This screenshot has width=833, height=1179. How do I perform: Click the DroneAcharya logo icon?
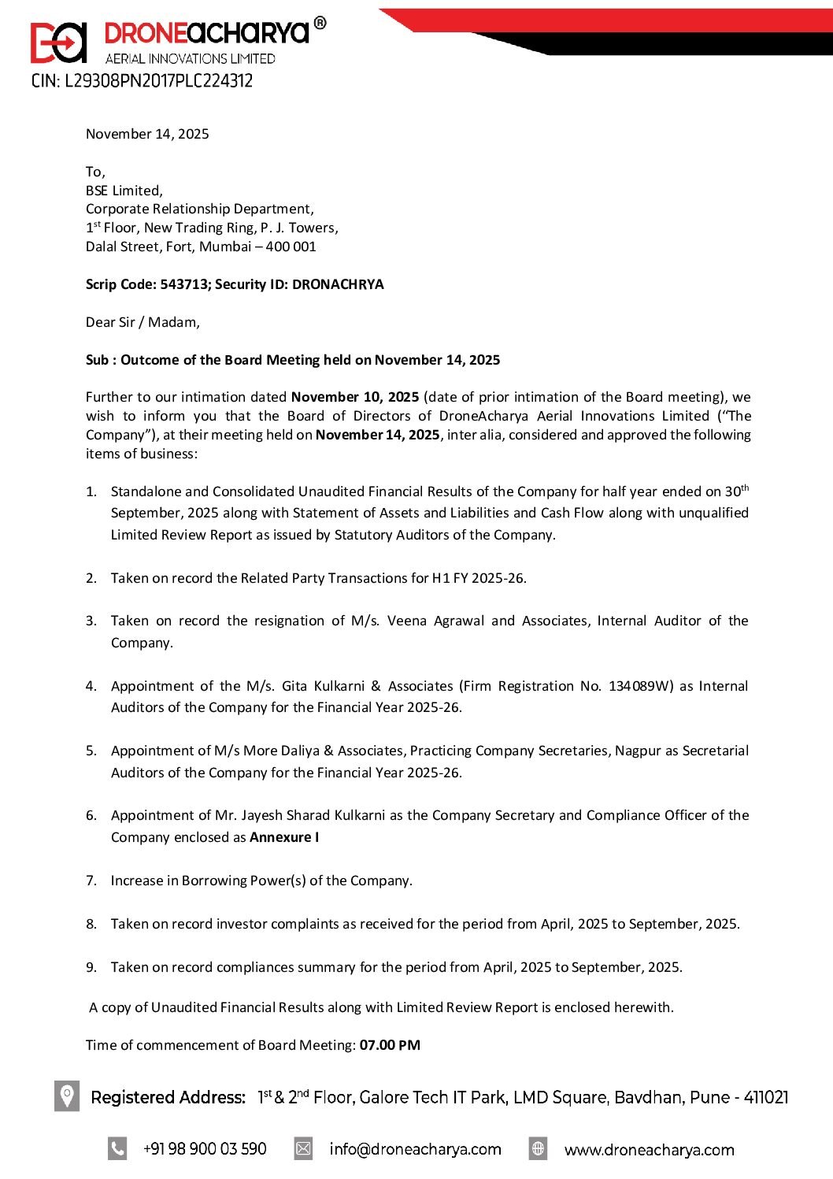point(58,42)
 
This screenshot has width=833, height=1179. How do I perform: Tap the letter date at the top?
point(147,134)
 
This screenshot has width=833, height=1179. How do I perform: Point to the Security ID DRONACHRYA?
point(338,284)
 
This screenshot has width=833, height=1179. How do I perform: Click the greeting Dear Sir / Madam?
point(143,322)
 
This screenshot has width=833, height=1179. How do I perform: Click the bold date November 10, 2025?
point(355,397)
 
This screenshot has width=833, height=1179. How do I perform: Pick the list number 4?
point(91,686)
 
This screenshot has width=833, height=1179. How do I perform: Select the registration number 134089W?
point(641,686)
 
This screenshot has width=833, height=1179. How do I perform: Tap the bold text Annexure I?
point(284,837)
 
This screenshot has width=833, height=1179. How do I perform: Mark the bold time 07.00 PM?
point(390,1045)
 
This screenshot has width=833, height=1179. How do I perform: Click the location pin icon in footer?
point(67,1096)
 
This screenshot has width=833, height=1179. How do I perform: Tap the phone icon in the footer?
point(117,1149)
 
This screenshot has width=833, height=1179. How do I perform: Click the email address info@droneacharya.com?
point(415,1149)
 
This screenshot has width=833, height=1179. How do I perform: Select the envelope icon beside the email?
point(303,1149)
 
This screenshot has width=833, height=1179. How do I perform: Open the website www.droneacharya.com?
point(649,1150)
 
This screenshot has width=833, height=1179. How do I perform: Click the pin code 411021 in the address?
point(766,1097)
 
